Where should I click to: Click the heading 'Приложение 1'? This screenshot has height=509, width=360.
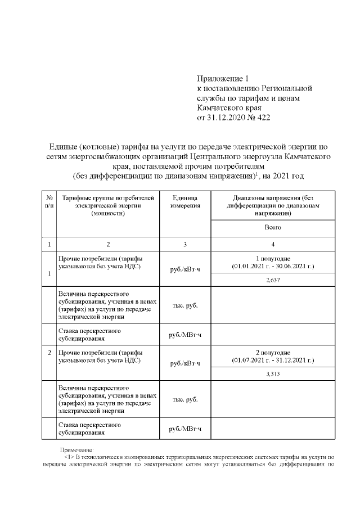click(x=222, y=78)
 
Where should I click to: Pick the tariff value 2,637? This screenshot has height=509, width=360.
click(x=272, y=279)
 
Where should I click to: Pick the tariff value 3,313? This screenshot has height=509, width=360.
click(x=272, y=373)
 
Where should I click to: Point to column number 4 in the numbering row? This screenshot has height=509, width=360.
click(x=272, y=244)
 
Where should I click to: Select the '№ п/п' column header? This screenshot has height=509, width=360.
click(x=49, y=202)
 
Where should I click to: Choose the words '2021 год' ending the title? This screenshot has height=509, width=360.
click(x=289, y=177)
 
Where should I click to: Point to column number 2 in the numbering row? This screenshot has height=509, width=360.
click(x=107, y=244)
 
